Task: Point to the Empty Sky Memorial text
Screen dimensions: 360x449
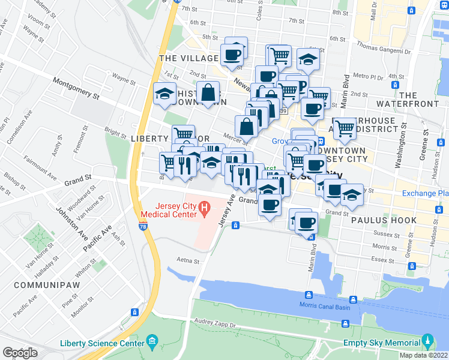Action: coord(381,343)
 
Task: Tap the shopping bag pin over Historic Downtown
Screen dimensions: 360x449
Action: coord(208,93)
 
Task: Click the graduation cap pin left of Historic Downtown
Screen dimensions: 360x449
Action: coord(164,93)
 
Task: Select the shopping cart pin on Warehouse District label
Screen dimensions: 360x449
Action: coord(344,127)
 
